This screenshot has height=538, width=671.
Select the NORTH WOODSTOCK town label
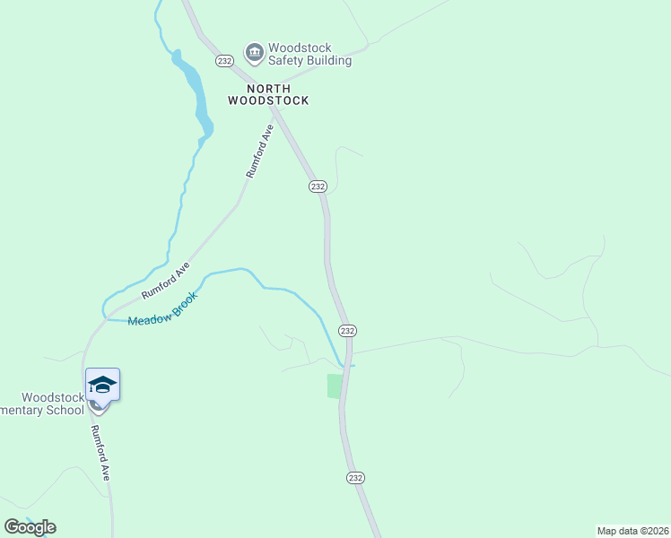point(267,94)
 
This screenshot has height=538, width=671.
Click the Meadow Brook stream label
point(161,308)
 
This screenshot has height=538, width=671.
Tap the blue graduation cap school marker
point(102,385)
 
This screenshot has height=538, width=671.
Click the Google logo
point(30,527)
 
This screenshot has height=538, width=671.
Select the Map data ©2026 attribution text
point(633,531)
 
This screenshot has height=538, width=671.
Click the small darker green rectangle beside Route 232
point(335,386)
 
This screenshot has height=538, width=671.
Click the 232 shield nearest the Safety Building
point(224,60)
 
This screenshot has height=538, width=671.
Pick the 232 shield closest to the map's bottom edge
point(355,478)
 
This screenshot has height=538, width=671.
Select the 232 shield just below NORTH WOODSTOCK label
point(317,186)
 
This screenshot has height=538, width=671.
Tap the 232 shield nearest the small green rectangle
point(348,330)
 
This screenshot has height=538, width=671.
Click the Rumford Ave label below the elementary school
point(99,453)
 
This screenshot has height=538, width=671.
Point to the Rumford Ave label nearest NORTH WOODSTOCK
point(259,152)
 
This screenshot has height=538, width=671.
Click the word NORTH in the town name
point(267,88)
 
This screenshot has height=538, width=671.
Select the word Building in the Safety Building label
point(327,61)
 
